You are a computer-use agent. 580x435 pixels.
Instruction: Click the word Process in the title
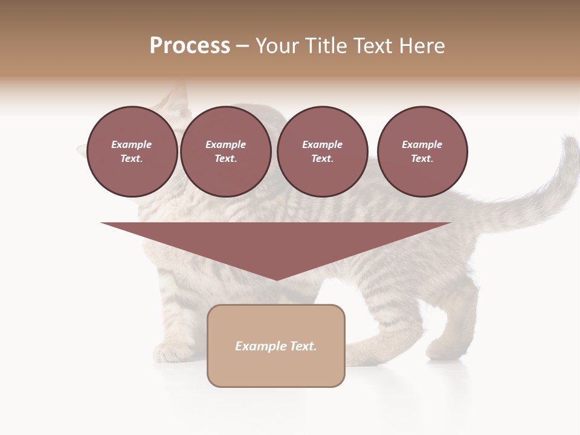[190, 46]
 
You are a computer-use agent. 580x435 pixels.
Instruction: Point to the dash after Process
[242, 47]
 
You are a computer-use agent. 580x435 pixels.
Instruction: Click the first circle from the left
[132, 152]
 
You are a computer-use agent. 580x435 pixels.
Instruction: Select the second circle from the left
[225, 152]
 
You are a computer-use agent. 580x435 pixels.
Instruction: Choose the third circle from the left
[322, 152]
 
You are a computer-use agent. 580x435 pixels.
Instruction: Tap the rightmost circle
[422, 152]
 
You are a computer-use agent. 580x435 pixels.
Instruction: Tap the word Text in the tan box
[303, 346]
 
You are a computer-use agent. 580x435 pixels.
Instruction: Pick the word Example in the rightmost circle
[422, 144]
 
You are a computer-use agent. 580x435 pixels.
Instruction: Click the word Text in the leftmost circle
[131, 159]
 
